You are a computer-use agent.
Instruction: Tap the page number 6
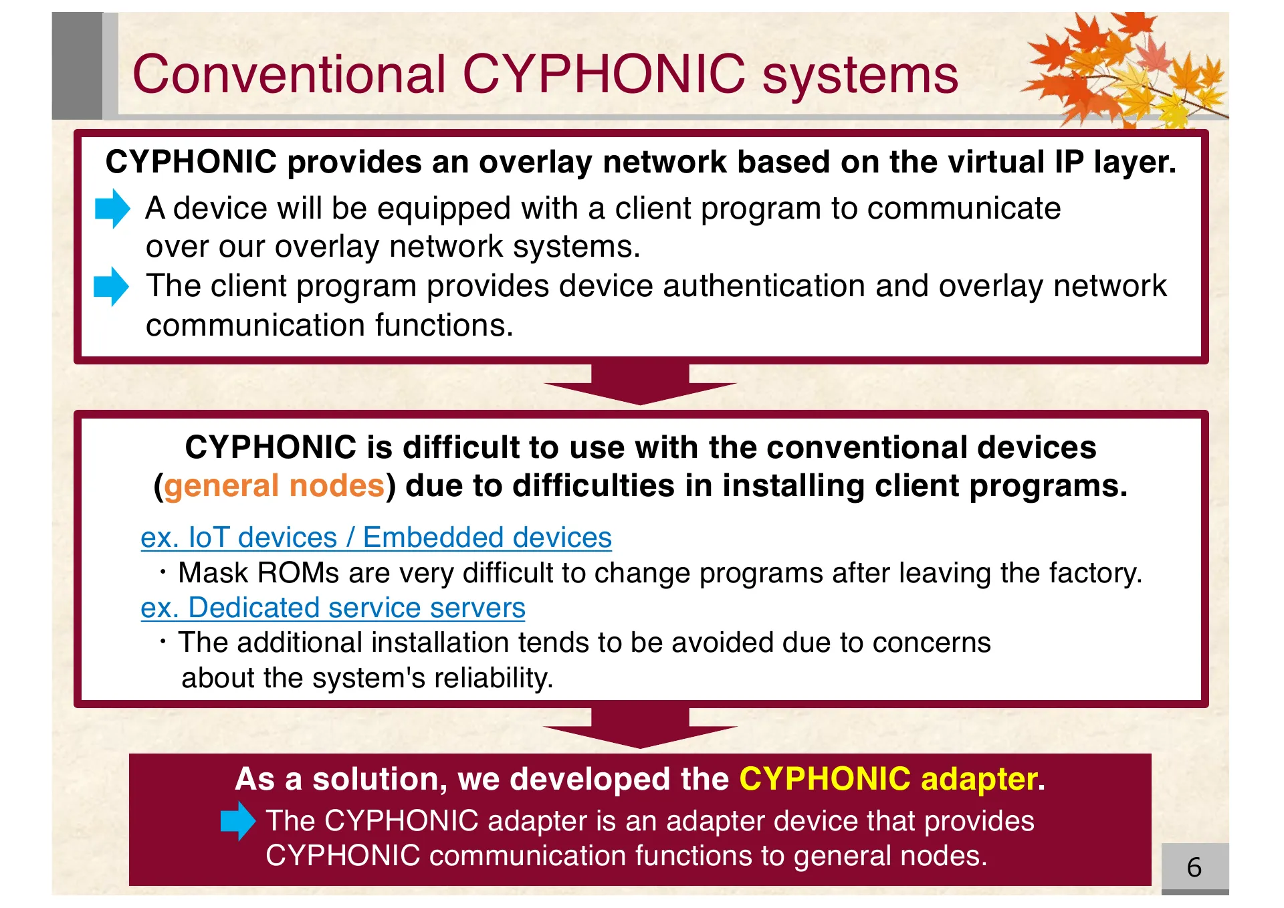tap(1194, 867)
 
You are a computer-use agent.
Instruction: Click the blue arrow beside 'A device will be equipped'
tap(112, 209)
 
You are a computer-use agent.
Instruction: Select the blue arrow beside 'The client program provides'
tap(111, 286)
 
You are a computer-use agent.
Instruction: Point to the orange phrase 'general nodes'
tap(274, 485)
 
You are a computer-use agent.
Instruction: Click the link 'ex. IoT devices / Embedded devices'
tap(376, 538)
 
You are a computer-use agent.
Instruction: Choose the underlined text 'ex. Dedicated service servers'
tap(332, 608)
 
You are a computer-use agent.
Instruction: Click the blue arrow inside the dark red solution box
tap(237, 821)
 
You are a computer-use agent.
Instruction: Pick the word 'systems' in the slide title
tap(860, 74)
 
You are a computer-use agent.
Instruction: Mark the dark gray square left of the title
tap(77, 66)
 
